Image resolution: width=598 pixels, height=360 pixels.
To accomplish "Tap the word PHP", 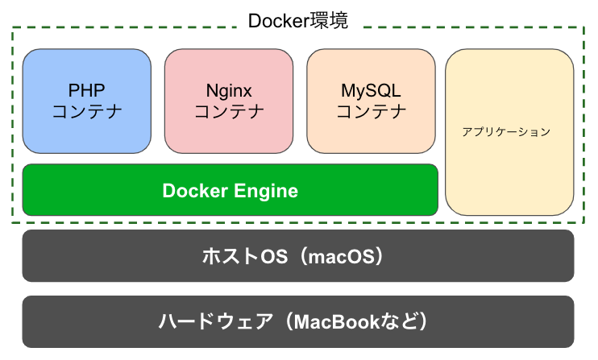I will (87, 89).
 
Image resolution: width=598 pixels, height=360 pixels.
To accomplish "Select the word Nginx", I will (229, 89).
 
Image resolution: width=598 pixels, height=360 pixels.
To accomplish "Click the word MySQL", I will (371, 89).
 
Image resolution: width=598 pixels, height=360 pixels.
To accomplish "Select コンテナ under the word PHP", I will (87, 111).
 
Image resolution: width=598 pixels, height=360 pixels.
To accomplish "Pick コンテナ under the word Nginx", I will (229, 111).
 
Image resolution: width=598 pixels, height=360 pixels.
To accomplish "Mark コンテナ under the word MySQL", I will (371, 111).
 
